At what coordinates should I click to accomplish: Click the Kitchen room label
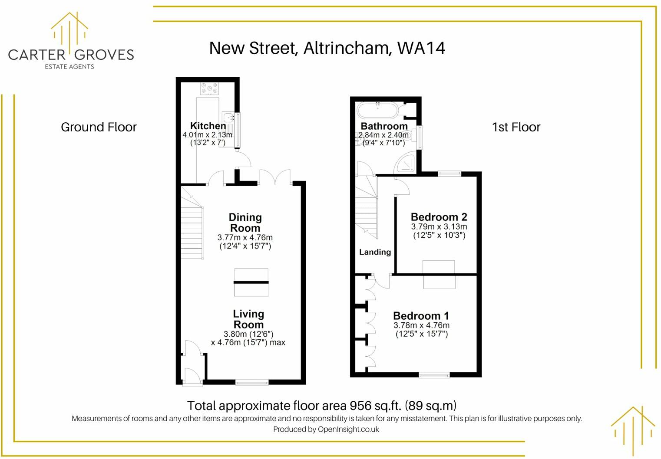tap(208, 126)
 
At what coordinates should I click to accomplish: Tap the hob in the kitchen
tap(209, 89)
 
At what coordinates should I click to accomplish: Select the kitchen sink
tap(228, 118)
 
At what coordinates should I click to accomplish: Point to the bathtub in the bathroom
tap(377, 110)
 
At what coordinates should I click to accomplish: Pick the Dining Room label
tap(245, 223)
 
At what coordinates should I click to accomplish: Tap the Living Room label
tap(248, 319)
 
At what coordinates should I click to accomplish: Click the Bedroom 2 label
tap(439, 217)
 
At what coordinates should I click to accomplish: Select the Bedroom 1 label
tap(421, 316)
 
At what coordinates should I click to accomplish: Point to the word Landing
tap(375, 252)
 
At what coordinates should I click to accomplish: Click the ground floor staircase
tap(192, 230)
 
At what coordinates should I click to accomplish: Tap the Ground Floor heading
tap(99, 127)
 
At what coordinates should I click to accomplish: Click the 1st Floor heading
tap(516, 127)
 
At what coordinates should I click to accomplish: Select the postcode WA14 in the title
tap(421, 48)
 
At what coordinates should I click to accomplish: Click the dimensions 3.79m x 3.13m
tap(439, 226)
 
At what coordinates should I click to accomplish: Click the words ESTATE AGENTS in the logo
tap(69, 66)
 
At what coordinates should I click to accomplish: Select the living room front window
tap(252, 382)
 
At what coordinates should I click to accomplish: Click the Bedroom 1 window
tap(434, 375)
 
